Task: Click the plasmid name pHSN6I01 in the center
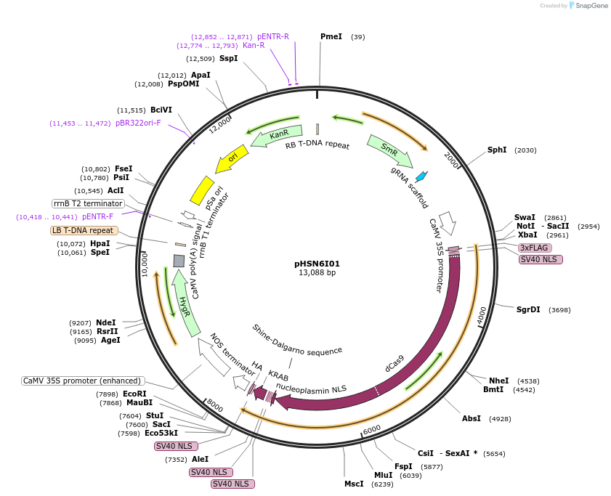click(x=317, y=264)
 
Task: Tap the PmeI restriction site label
click(x=331, y=36)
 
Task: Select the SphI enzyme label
click(x=497, y=150)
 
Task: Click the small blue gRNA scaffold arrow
click(x=421, y=176)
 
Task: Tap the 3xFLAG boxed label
click(x=534, y=248)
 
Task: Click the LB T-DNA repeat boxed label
click(x=82, y=231)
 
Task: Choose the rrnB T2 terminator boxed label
click(x=89, y=203)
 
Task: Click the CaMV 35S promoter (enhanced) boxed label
click(x=83, y=381)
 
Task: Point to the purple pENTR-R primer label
click(x=273, y=36)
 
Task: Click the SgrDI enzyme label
click(x=528, y=309)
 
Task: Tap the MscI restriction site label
click(x=354, y=484)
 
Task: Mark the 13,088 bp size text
click(x=317, y=273)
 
